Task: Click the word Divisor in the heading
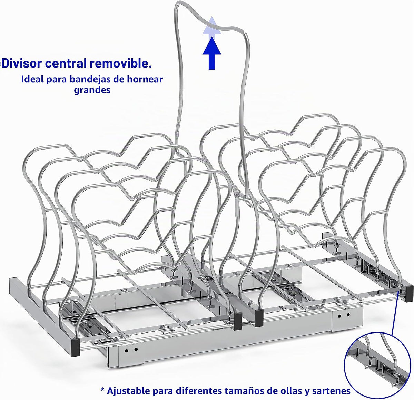pyautogui.click(x=22, y=63)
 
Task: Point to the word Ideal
pyautogui.click(x=32, y=79)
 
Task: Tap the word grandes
pyautogui.click(x=92, y=90)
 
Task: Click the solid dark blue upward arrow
pyautogui.click(x=211, y=53)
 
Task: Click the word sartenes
pyautogui.click(x=331, y=390)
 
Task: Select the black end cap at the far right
pyautogui.click(x=409, y=293)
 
